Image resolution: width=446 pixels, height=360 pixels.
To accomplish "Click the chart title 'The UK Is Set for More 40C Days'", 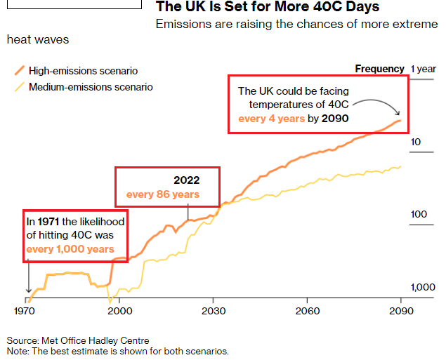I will [x=267, y=7].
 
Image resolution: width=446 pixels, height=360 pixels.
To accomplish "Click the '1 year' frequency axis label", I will [x=424, y=69].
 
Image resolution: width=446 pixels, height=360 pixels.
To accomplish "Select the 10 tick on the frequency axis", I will [x=416, y=142].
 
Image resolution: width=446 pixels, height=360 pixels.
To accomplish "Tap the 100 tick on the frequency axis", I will [x=419, y=214].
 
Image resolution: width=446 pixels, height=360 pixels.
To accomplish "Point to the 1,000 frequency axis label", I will [x=423, y=287].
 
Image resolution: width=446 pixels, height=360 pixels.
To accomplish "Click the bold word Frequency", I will [x=379, y=69].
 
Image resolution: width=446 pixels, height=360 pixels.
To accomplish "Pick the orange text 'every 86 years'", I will [x=163, y=194].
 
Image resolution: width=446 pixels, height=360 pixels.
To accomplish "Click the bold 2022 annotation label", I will [x=187, y=180].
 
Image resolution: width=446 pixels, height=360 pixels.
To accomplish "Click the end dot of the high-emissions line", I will [x=400, y=121].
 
